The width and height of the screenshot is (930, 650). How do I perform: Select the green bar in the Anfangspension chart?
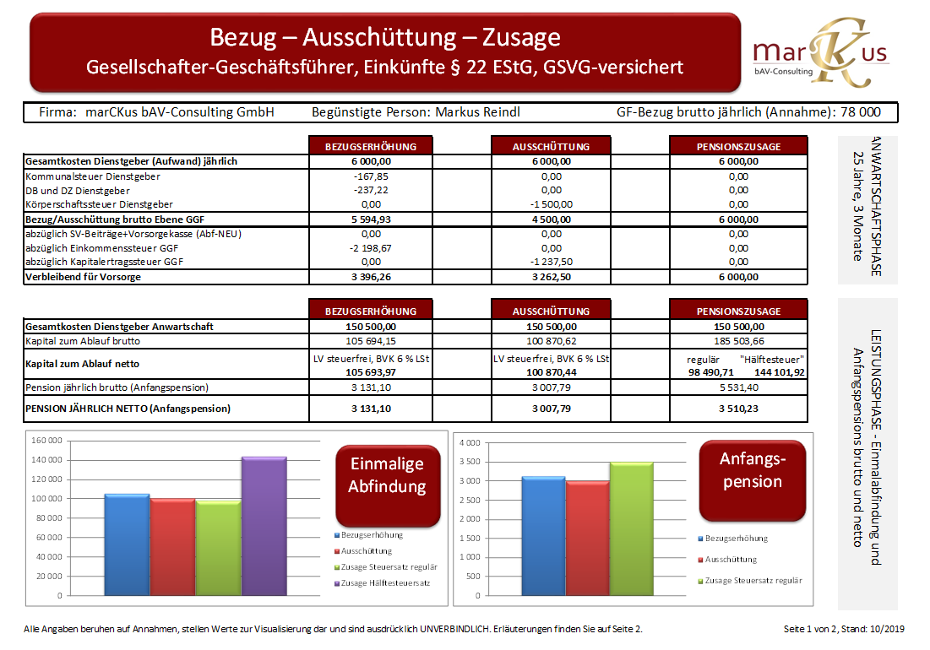point(633,528)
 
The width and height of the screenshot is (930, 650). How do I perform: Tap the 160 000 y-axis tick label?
point(46,441)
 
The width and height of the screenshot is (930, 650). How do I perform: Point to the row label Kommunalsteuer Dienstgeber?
point(93,176)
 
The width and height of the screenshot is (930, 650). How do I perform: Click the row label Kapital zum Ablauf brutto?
point(83,341)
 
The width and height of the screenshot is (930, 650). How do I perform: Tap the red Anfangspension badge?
point(752,470)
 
